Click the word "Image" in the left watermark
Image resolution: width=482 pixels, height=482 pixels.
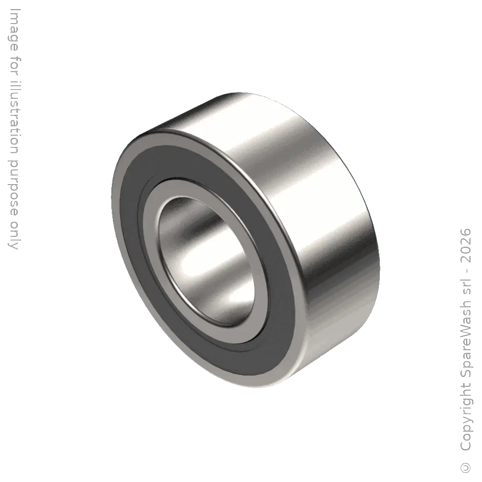click(x=14, y=30)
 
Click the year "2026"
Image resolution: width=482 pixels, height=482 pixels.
click(x=466, y=245)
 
